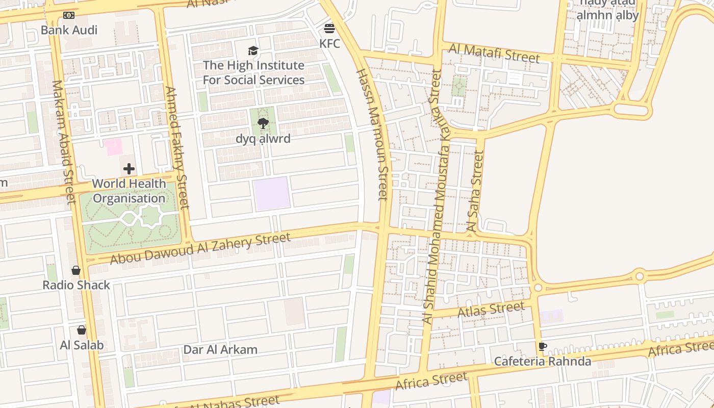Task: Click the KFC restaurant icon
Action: coord(329,28)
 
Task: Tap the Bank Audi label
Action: coord(69,30)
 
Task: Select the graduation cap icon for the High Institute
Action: coord(253,50)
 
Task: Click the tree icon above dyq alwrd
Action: coord(263,123)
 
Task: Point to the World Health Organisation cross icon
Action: coord(129,169)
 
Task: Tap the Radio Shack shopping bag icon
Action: coord(76,270)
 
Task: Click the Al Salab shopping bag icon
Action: coord(82,330)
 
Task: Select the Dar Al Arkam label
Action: coord(220,350)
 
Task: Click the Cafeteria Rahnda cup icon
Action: coord(543,347)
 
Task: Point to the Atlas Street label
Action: coord(491,309)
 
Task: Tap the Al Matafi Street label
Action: coord(494,53)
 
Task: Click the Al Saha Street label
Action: coord(475,191)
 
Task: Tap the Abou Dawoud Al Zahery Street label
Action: coord(200,248)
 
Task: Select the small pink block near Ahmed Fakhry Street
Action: coord(113,147)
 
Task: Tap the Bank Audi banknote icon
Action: coord(69,15)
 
